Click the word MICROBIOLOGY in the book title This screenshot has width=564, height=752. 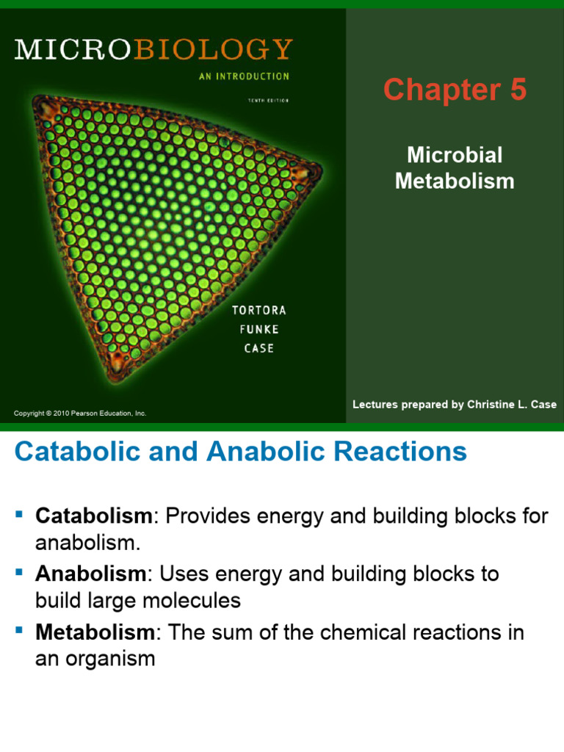(153, 49)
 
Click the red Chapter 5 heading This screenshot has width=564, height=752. (455, 90)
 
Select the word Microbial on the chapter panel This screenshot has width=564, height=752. (455, 155)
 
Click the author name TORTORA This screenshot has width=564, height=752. (259, 311)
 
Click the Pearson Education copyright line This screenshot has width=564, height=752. (80, 413)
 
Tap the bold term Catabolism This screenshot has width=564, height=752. (93, 516)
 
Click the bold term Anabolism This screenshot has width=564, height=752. (93, 574)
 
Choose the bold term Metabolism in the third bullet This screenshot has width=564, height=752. (95, 632)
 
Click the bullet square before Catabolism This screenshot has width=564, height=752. (20, 511)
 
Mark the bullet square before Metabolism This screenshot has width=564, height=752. (20, 628)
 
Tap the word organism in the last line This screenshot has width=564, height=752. (112, 659)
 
